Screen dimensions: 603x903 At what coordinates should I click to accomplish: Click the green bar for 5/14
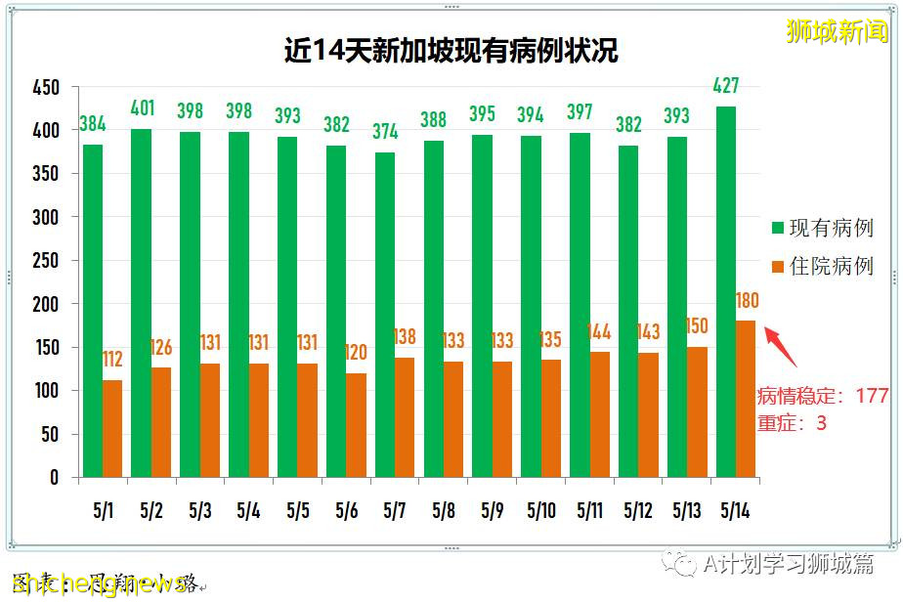725,291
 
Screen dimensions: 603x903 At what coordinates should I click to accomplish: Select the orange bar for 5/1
112,428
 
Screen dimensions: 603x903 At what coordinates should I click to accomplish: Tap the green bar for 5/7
385,315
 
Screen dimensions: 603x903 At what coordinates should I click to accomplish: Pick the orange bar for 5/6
356,424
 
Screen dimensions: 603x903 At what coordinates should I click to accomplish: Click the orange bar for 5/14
745,399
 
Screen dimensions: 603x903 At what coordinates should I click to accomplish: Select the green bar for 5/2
142,303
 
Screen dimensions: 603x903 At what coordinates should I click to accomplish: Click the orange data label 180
747,300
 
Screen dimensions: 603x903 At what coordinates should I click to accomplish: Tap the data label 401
143,107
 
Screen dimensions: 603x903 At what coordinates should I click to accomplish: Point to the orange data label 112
112,360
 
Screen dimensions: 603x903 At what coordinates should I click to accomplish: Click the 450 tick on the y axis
47,88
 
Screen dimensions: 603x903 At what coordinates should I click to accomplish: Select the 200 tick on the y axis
47,304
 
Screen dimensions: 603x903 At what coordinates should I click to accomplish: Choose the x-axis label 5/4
248,511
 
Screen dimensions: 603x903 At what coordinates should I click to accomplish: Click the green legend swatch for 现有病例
778,228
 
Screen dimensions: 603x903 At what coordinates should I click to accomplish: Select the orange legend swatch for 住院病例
778,267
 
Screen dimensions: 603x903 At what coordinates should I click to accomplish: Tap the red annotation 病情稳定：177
823,396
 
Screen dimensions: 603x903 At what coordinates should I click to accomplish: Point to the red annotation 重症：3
792,423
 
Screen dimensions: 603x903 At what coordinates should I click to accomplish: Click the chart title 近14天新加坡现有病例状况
451,51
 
